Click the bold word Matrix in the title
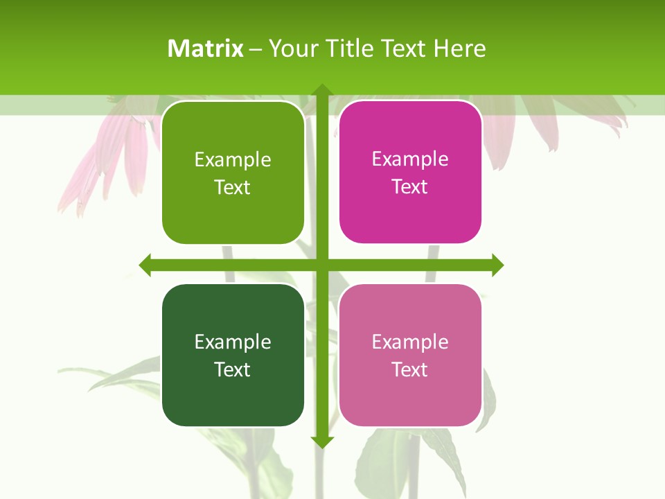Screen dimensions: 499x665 (x=206, y=49)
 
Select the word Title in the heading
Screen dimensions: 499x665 (x=349, y=49)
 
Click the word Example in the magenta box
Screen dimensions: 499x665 (x=410, y=159)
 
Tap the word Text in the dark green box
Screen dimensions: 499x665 (x=233, y=369)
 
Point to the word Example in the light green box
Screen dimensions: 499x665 (x=233, y=160)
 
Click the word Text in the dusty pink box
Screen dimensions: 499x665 (x=410, y=369)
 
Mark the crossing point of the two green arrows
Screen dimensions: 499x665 (x=321, y=265)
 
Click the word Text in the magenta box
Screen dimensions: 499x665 (x=410, y=187)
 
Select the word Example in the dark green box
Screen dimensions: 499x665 (x=233, y=342)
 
